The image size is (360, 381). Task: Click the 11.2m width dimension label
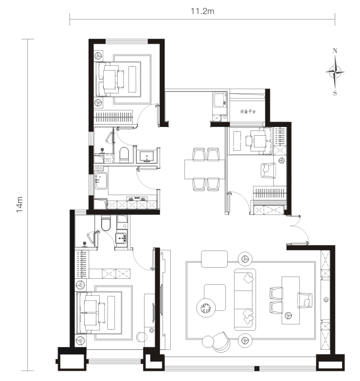(202, 11)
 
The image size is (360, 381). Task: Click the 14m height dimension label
(19, 204)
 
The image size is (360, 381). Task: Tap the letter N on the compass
(335, 51)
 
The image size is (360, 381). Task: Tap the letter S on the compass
(335, 93)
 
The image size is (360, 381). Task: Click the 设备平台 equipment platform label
(248, 111)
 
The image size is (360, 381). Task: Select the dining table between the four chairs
(204, 169)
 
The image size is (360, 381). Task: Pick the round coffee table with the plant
(206, 308)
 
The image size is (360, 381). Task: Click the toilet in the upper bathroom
(124, 155)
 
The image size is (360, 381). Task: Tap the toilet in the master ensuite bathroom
(106, 223)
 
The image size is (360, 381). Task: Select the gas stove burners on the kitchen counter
(137, 199)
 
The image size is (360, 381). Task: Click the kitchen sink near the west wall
(101, 181)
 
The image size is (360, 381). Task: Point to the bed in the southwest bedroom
(99, 313)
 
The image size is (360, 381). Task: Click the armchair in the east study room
(268, 170)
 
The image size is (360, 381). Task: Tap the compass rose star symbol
(335, 72)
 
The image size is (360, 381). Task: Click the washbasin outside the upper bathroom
(146, 157)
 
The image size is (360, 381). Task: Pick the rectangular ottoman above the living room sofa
(214, 259)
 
